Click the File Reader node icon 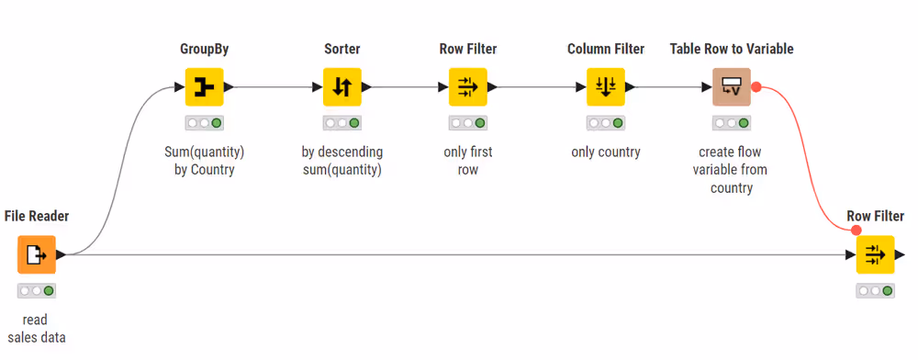(37, 254)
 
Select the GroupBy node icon (205, 86)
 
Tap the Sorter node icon (342, 86)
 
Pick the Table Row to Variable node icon (732, 86)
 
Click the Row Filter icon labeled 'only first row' (468, 86)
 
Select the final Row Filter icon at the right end (875, 254)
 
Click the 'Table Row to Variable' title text (732, 49)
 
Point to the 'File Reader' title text (37, 217)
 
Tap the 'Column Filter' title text (606, 49)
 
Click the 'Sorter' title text (342, 49)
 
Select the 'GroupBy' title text (205, 49)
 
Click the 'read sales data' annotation (37, 329)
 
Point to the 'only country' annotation (606, 152)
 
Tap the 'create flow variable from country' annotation (732, 170)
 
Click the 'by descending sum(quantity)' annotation (342, 161)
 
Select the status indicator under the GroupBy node (205, 122)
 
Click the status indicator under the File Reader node (37, 290)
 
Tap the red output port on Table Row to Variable (756, 86)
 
